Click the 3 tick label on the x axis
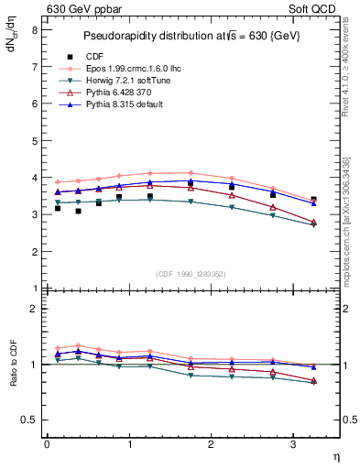(292, 444)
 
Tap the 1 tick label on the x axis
(128, 444)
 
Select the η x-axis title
(335, 455)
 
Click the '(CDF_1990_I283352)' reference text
(191, 274)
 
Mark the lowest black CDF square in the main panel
(79, 211)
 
